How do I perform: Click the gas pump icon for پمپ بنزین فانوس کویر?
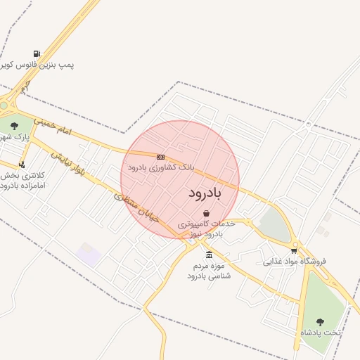coord(37,53)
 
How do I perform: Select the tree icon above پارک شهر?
coord(15,126)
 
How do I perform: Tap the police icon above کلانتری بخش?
coord(21,165)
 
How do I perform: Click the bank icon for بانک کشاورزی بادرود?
coord(161,157)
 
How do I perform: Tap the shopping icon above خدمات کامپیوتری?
coord(205,213)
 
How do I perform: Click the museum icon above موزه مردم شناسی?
coord(209,255)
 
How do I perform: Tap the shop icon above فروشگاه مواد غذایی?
coord(294,250)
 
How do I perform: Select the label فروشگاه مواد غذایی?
coord(295,262)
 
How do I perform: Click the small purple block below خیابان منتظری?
coord(89,254)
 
